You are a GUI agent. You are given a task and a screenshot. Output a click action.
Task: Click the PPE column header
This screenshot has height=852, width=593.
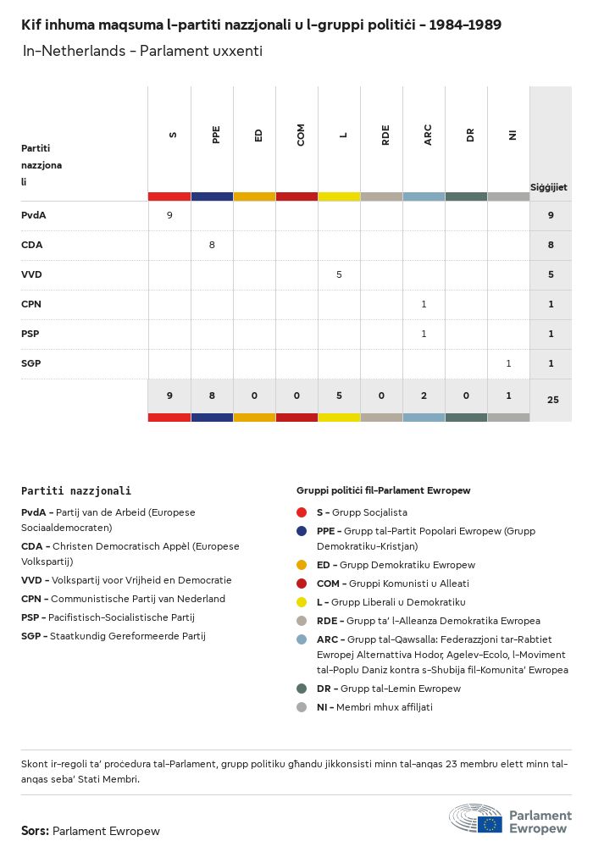pos(216,135)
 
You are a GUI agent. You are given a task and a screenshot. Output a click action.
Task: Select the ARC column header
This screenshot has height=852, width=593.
pos(428,135)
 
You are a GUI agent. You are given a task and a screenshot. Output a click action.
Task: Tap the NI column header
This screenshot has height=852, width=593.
pos(513,135)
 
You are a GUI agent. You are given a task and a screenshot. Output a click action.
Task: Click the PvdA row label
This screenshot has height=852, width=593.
pos(34,215)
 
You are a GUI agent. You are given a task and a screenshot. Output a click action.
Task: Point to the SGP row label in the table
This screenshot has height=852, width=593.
pos(31,363)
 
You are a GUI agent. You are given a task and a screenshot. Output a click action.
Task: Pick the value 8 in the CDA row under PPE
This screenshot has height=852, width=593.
pos(212,245)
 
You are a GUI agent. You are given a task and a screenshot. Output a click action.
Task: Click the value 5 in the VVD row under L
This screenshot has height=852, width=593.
pos(339,274)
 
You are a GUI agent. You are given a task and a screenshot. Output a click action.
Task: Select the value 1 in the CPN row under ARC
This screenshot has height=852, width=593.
pos(424,304)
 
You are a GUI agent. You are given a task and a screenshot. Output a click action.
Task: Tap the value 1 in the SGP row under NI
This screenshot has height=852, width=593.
pos(508,363)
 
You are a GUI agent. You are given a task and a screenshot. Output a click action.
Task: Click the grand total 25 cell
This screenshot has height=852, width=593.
pos(552,399)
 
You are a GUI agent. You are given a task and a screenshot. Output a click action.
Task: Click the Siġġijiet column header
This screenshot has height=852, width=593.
pos(549,187)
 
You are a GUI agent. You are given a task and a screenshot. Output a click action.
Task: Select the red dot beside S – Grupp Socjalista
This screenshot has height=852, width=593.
pos(302,512)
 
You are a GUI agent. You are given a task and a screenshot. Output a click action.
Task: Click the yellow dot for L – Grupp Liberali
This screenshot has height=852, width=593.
pos(302,602)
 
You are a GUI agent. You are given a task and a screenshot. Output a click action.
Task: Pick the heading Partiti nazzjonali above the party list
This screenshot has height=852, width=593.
pos(76,490)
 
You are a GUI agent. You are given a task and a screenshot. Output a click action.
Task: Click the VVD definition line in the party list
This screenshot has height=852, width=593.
pos(126,580)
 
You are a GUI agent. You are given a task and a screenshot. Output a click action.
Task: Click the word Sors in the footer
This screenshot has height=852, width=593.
pos(35,831)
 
